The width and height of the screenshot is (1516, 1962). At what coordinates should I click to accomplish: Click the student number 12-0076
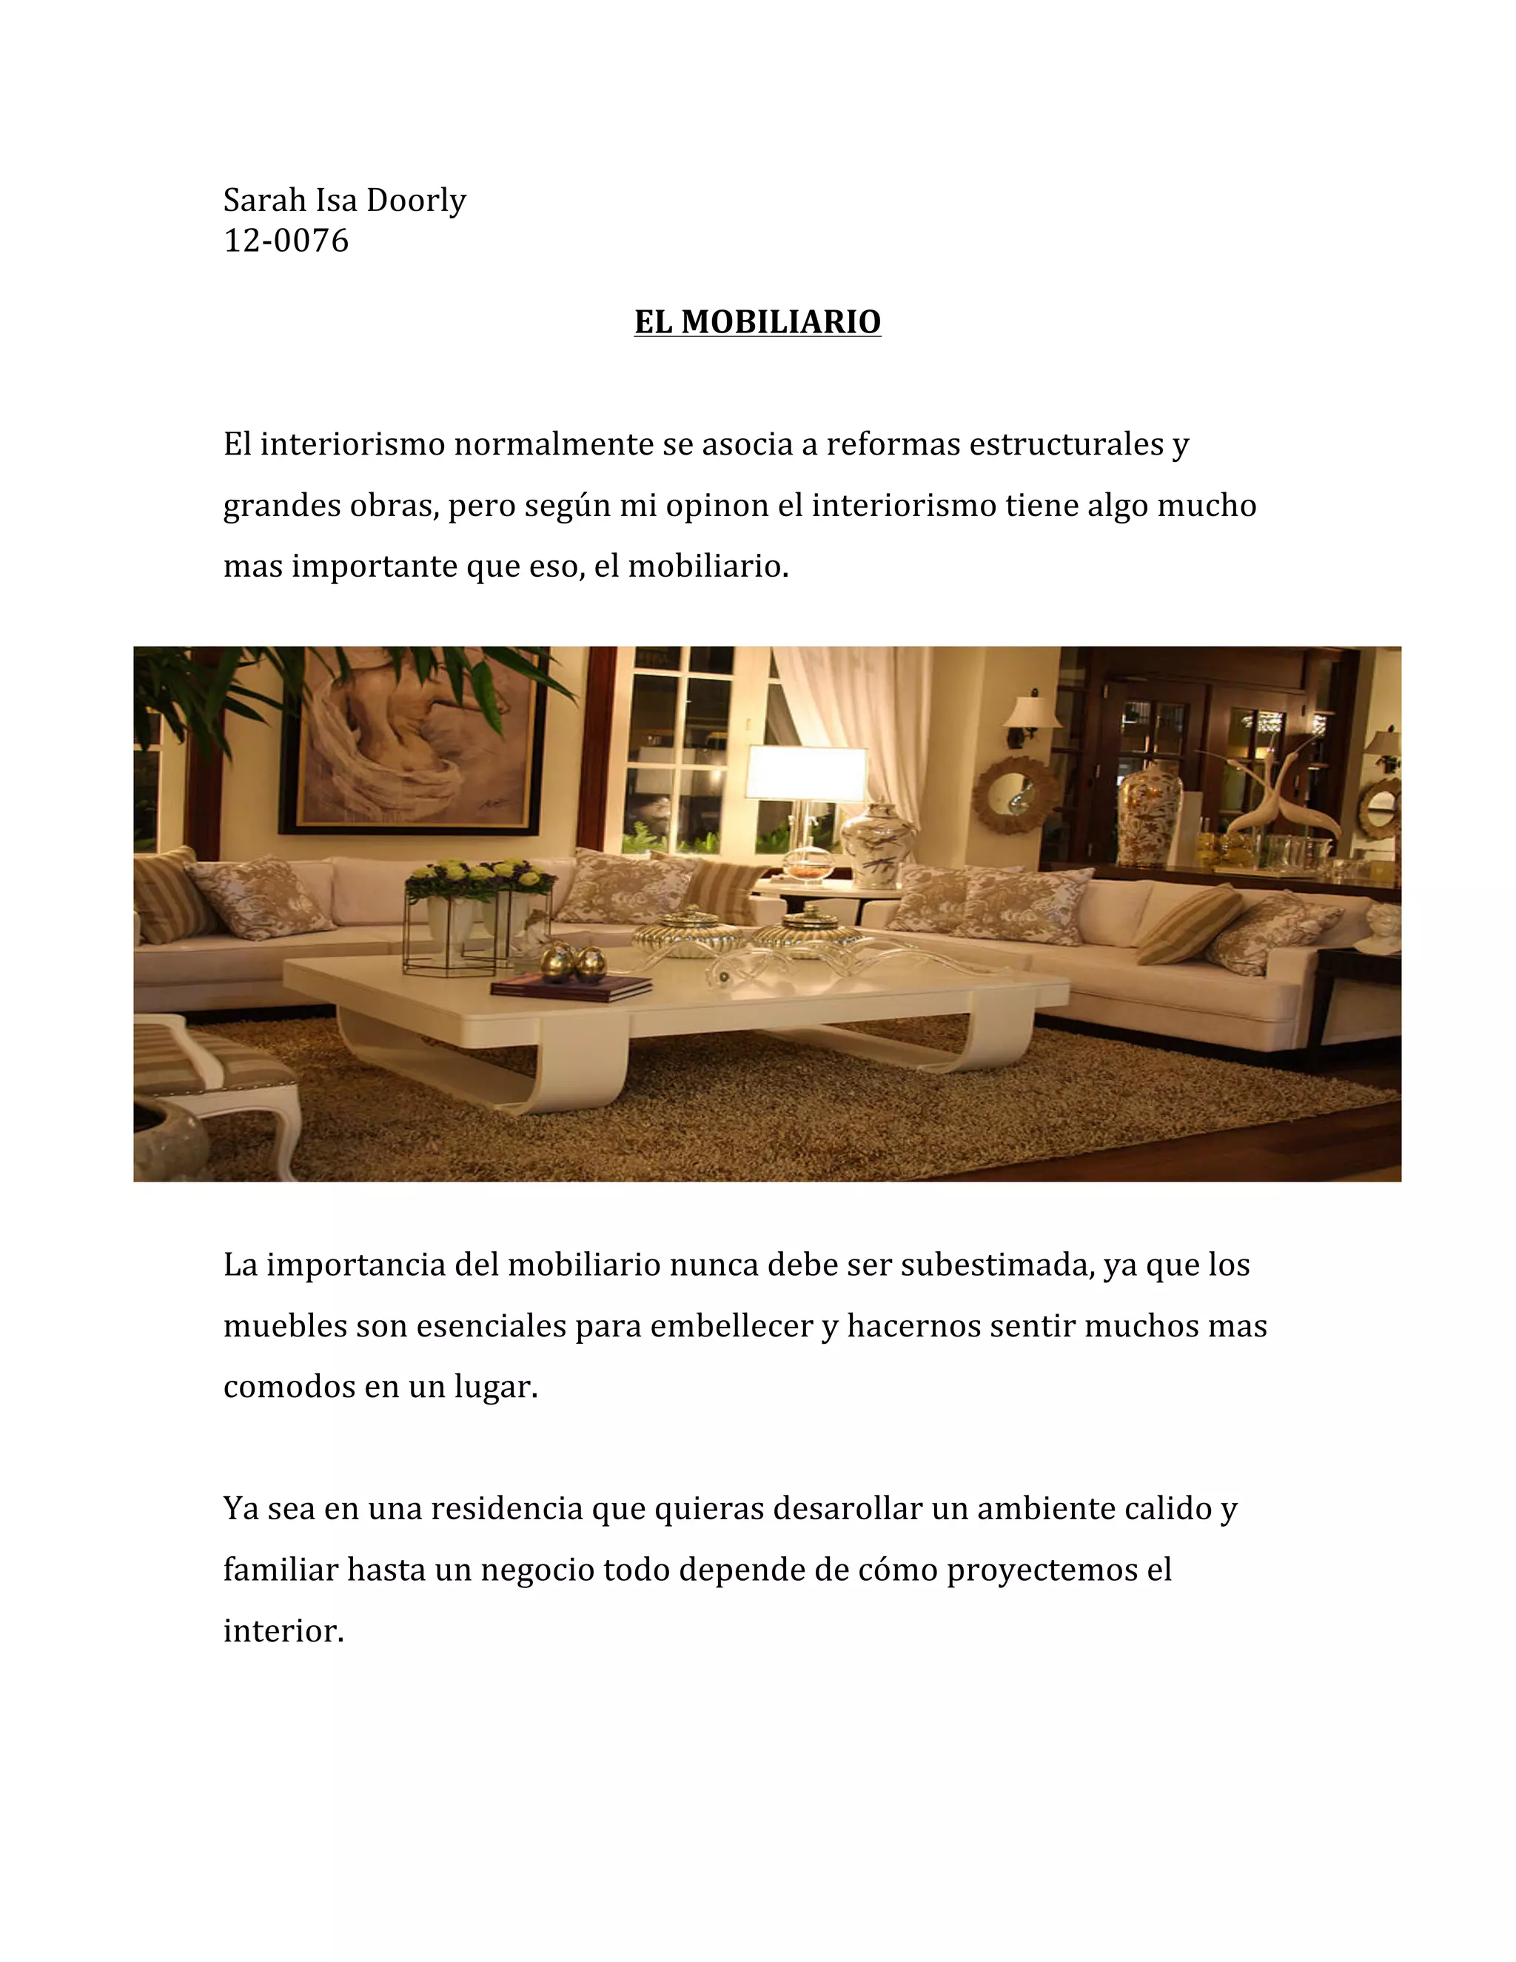click(286, 241)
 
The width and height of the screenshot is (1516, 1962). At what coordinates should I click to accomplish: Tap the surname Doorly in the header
click(416, 201)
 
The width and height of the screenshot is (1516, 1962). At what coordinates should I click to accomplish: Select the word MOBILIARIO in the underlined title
click(780, 321)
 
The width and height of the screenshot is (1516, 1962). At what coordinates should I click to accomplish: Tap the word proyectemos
click(1042, 1570)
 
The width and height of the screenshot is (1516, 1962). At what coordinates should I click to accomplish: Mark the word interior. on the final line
click(284, 1630)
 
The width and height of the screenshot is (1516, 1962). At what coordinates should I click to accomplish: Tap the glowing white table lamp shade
click(805, 772)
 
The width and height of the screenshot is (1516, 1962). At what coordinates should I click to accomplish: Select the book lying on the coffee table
click(571, 987)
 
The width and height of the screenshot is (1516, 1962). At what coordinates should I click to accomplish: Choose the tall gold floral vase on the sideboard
click(1150, 812)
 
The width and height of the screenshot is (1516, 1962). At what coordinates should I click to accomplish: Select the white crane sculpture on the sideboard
click(1275, 795)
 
